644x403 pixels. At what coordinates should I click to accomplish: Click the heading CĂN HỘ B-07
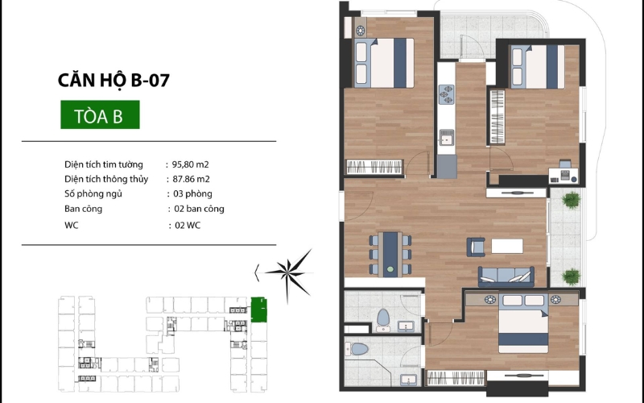[x=114, y=80]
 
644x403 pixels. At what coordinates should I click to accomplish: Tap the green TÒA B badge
[x=100, y=114]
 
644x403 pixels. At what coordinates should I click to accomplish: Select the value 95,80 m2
[x=190, y=164]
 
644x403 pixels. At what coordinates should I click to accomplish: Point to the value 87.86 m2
[x=191, y=179]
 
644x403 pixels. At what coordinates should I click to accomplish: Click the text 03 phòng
[x=192, y=193]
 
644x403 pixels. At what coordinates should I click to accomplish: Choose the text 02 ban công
[x=199, y=209]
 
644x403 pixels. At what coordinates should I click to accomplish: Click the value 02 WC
[x=188, y=226]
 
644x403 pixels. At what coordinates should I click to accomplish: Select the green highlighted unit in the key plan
[x=258, y=310]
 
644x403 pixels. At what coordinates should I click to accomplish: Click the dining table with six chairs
[x=390, y=255]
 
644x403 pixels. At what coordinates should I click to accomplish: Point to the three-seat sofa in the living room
[x=506, y=277]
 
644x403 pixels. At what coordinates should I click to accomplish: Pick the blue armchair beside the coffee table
[x=476, y=247]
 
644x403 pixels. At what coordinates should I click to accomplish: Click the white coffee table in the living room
[x=507, y=247]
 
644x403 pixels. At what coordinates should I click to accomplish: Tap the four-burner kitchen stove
[x=446, y=94]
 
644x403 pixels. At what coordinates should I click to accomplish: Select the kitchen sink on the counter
[x=446, y=137]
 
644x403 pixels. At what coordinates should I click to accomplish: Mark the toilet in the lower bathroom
[x=357, y=349]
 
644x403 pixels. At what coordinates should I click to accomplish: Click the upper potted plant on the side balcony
[x=572, y=200]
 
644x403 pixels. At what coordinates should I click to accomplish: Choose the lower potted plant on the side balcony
[x=571, y=276]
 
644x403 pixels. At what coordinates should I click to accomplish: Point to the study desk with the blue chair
[x=563, y=172]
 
